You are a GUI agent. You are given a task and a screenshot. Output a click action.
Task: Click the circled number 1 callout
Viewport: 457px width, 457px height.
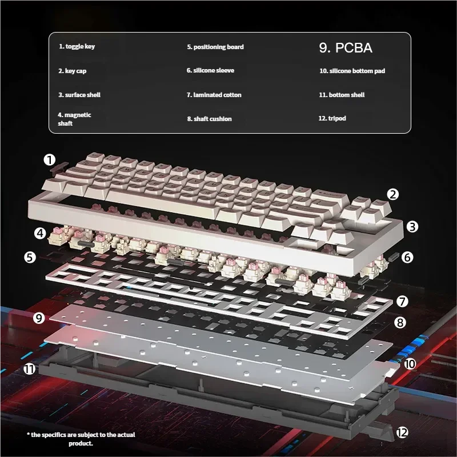pyautogui.click(x=50, y=159)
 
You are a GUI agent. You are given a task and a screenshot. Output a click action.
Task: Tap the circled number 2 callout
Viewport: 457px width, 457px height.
pyautogui.click(x=392, y=194)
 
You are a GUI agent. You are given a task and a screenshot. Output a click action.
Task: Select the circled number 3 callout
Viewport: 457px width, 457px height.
pyautogui.click(x=412, y=226)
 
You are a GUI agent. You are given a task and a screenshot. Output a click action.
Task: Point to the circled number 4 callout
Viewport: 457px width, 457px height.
pyautogui.click(x=39, y=233)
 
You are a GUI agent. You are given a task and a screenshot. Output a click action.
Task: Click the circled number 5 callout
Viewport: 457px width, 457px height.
pyautogui.click(x=30, y=257)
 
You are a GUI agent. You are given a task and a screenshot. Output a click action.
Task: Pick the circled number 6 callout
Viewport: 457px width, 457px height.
pyautogui.click(x=407, y=257)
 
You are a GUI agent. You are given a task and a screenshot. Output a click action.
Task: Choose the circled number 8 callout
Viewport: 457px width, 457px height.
pyautogui.click(x=400, y=323)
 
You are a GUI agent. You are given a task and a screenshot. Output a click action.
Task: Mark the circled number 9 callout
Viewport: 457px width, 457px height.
pyautogui.click(x=39, y=318)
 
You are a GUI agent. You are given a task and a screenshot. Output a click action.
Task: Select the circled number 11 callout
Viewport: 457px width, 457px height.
pyautogui.click(x=30, y=369)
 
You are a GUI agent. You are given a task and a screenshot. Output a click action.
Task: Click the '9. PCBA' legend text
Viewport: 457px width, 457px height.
pyautogui.click(x=346, y=48)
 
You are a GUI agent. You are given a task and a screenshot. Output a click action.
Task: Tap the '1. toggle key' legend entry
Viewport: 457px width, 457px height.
pyautogui.click(x=77, y=47)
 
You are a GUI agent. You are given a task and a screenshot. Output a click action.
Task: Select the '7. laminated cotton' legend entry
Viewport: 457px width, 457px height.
pyautogui.click(x=214, y=95)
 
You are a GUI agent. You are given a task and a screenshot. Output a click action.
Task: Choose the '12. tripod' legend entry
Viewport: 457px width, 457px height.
pyautogui.click(x=332, y=118)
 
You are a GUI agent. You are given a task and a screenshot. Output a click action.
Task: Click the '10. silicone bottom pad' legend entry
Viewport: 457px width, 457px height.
pyautogui.click(x=356, y=71)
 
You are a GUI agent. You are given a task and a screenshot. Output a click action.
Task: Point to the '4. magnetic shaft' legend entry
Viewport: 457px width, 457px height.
pyautogui.click(x=75, y=119)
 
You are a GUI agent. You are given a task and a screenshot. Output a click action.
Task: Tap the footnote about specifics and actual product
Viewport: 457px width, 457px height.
pyautogui.click(x=81, y=439)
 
